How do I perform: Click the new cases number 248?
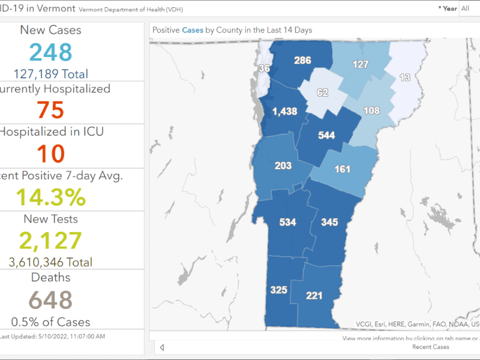[50, 52]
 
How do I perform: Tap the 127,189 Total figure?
[50, 74]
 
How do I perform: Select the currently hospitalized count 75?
[50, 110]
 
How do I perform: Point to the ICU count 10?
[50, 154]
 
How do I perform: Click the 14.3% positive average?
[50, 197]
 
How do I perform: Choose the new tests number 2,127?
[50, 241]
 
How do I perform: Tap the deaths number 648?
[50, 300]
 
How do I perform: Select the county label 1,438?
[284, 112]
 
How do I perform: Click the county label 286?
[302, 60]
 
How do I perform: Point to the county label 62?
[323, 92]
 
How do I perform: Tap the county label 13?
[405, 77]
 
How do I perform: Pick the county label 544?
[326, 136]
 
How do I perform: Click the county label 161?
[342, 169]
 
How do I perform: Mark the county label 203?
[283, 166]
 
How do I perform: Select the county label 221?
[314, 295]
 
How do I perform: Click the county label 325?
[278, 290]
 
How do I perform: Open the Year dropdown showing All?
[469, 8]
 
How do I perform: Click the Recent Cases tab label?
[431, 347]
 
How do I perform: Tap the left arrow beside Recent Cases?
[161, 347]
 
